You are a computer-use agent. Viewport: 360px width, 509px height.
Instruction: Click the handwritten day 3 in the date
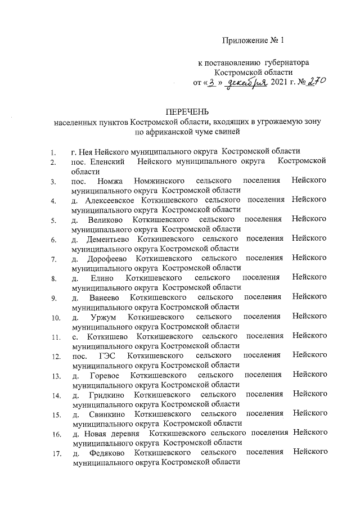(x=211, y=83)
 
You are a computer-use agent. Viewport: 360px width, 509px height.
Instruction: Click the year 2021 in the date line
(x=282, y=83)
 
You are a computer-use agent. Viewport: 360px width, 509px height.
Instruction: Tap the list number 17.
(x=55, y=454)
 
